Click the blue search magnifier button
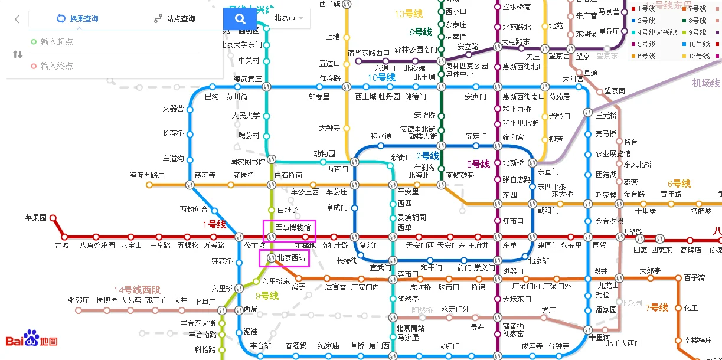point(240,19)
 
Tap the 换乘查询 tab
point(77,19)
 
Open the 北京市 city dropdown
point(289,18)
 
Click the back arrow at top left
point(17,19)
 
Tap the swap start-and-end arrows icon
point(17,54)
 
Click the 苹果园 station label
point(35,217)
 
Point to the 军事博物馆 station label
point(293,227)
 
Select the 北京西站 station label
point(291,258)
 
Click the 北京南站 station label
point(410,328)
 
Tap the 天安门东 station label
point(451,245)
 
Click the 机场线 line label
point(705,83)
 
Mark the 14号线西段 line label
point(137,290)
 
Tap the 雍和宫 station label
point(512,137)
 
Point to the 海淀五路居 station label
point(147,175)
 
